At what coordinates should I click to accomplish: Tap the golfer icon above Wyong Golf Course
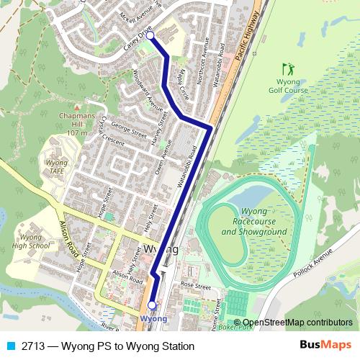tap(289, 70)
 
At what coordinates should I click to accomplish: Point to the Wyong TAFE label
tap(57, 168)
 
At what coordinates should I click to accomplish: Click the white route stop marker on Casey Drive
tap(150, 35)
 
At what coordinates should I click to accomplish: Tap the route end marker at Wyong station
tap(152, 305)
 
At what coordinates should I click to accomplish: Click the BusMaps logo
tap(326, 346)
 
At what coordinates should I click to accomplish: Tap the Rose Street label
tap(194, 286)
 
